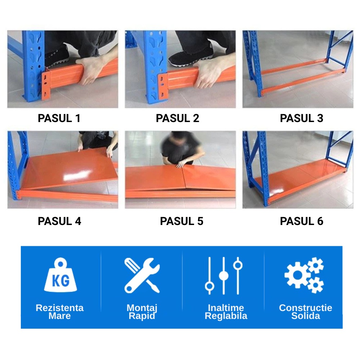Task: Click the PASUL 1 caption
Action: [x=59, y=118]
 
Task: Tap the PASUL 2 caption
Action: [x=177, y=118]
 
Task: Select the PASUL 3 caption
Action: [x=301, y=118]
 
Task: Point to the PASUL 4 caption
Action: [x=59, y=221]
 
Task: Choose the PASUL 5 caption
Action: [x=181, y=221]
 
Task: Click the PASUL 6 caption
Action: [x=301, y=221]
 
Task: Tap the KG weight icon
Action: [x=60, y=275]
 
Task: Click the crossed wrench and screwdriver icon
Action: [x=142, y=275]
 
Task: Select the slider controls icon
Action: [x=224, y=276]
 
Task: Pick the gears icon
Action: [x=304, y=275]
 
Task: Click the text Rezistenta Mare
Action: [x=60, y=312]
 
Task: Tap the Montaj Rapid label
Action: [x=142, y=312]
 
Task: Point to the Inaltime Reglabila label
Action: [x=226, y=312]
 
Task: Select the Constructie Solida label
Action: [x=306, y=312]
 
